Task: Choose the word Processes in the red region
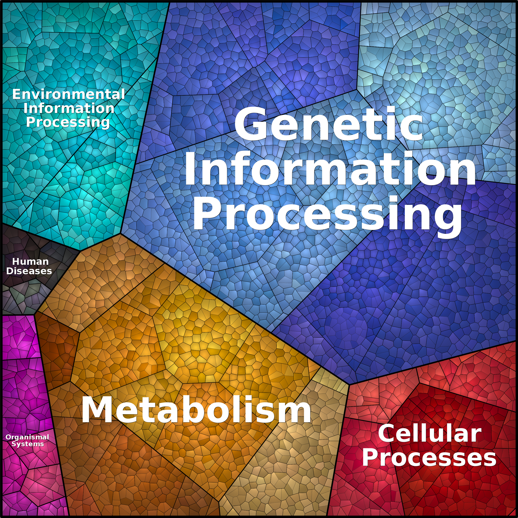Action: click(429, 458)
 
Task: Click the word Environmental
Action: click(69, 94)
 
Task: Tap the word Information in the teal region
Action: click(69, 108)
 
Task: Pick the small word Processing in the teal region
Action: click(68, 122)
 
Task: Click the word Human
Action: click(30, 261)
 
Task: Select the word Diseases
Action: click(29, 271)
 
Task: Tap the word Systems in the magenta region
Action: click(28, 444)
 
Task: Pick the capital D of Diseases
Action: click(9, 271)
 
